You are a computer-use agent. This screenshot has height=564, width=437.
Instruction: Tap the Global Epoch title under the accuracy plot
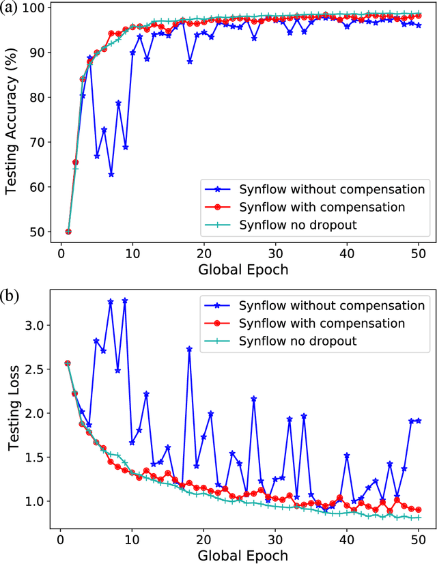[242, 269]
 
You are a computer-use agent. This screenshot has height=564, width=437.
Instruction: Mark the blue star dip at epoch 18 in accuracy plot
[189, 61]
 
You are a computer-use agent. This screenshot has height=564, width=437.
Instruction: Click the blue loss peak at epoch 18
[189, 349]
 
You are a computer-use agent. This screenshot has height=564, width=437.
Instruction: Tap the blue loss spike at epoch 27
[254, 399]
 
